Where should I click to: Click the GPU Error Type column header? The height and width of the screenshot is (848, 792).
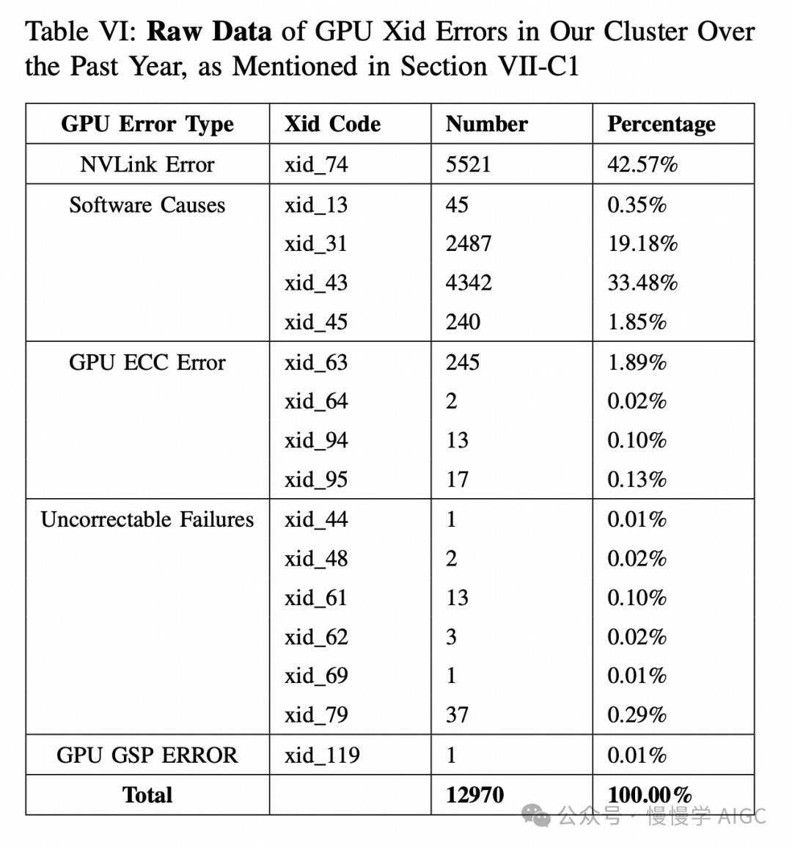[147, 124]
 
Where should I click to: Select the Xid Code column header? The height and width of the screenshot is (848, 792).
[332, 124]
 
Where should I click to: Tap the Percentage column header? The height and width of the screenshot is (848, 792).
[661, 124]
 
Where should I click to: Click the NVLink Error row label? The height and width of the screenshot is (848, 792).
[147, 164]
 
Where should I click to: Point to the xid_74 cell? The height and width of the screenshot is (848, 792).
[316, 164]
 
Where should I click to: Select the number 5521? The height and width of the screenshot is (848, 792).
[468, 164]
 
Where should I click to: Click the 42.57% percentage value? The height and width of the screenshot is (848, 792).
[642, 164]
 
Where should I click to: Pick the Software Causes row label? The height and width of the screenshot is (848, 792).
[147, 205]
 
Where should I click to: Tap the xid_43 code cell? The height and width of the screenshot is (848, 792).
[316, 283]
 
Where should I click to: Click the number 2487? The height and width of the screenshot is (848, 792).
[468, 244]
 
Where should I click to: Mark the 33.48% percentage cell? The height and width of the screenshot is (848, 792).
[642, 283]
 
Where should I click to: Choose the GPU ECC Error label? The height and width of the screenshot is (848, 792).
[147, 362]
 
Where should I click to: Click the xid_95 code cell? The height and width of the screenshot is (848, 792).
[316, 480]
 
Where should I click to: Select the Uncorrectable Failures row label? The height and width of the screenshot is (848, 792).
[147, 519]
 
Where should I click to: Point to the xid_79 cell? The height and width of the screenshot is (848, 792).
[316, 714]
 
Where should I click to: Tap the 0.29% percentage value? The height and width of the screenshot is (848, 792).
[637, 714]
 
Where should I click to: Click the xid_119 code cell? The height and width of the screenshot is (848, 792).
[322, 755]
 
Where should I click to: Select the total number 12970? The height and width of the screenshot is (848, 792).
[474, 795]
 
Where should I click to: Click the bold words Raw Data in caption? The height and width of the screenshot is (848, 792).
[209, 32]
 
